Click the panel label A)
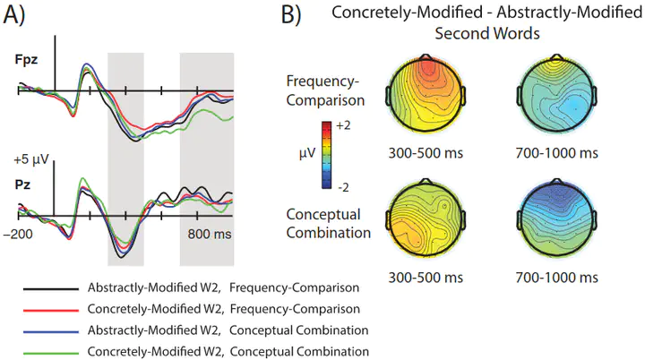(14, 15)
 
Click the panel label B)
(291, 15)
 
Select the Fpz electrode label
(26, 60)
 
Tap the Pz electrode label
(22, 184)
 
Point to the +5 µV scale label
(31, 159)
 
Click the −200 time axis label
(18, 235)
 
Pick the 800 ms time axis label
(210, 235)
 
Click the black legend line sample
(51, 289)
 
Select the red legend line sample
(51, 310)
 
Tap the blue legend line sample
(51, 331)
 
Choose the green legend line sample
(51, 353)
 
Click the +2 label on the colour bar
(343, 125)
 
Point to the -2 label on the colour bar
(343, 187)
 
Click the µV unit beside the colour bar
(307, 154)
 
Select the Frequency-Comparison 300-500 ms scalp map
(426, 95)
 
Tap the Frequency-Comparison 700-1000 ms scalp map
(556, 95)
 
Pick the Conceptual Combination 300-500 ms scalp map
(426, 219)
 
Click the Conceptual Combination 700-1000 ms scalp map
(556, 219)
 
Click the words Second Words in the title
(487, 33)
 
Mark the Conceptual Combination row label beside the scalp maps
(328, 223)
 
